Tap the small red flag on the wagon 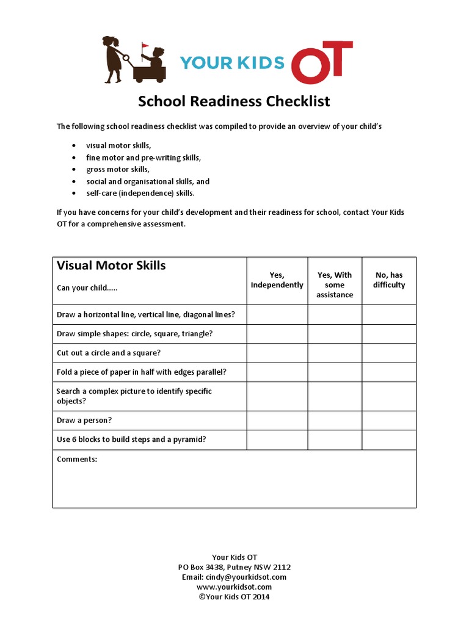tap(145, 46)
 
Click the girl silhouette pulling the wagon tap(113, 59)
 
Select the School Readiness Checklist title tap(234, 101)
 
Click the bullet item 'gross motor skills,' tap(117, 169)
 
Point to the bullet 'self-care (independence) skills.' tap(140, 193)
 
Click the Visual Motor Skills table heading tap(111, 266)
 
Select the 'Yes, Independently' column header tap(277, 280)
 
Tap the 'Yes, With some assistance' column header tap(335, 285)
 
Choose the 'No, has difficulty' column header tap(389, 280)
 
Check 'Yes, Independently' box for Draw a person tap(277, 421)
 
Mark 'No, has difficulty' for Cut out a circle tap(389, 353)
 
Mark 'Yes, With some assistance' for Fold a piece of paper tap(335, 372)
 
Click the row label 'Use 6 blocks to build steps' tap(131, 439)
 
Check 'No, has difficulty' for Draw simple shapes tap(389, 334)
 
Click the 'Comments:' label tap(77, 459)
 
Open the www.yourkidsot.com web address tap(234, 587)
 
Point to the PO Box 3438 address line tap(234, 567)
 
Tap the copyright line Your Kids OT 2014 tap(234, 596)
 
